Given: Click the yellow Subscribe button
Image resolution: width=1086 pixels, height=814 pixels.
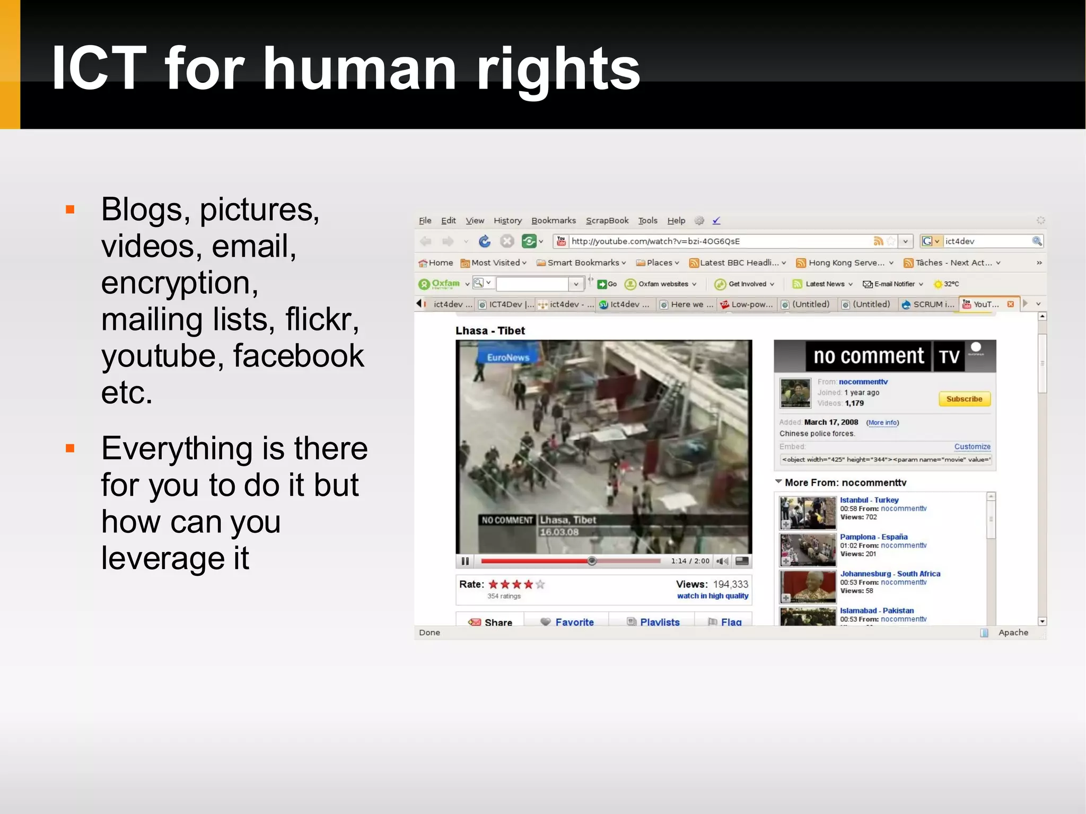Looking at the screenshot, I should [x=964, y=399].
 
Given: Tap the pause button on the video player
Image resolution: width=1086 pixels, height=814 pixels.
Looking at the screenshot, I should [x=465, y=561].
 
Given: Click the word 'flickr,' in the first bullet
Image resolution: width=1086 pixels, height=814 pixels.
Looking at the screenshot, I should [x=322, y=319].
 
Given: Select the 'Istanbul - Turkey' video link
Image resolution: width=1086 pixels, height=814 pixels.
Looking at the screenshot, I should [x=869, y=500].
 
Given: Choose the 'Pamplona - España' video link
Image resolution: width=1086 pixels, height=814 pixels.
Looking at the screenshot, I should [x=873, y=537].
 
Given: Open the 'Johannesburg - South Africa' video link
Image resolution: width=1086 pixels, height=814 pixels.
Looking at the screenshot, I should [x=890, y=573].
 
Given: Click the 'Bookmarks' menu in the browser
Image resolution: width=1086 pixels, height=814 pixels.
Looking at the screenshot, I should [x=553, y=221].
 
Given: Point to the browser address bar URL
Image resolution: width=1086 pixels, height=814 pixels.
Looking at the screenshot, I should [x=655, y=241].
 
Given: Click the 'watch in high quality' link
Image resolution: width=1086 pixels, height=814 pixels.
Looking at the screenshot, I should [x=712, y=596].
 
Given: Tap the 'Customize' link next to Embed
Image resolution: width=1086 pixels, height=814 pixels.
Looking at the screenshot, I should [x=972, y=447].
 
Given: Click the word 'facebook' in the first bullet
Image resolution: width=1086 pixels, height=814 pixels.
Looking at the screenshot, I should [x=299, y=356].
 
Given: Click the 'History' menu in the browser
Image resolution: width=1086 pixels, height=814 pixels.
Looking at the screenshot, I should [x=507, y=221].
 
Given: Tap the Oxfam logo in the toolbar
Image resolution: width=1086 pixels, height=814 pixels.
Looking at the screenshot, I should [x=440, y=284].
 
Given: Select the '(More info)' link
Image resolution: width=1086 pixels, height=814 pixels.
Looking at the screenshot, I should [x=882, y=423].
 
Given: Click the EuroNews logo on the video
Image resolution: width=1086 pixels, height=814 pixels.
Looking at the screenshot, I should [x=507, y=357].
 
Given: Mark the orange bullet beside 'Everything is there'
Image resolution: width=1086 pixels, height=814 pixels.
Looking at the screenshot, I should [x=70, y=449].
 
